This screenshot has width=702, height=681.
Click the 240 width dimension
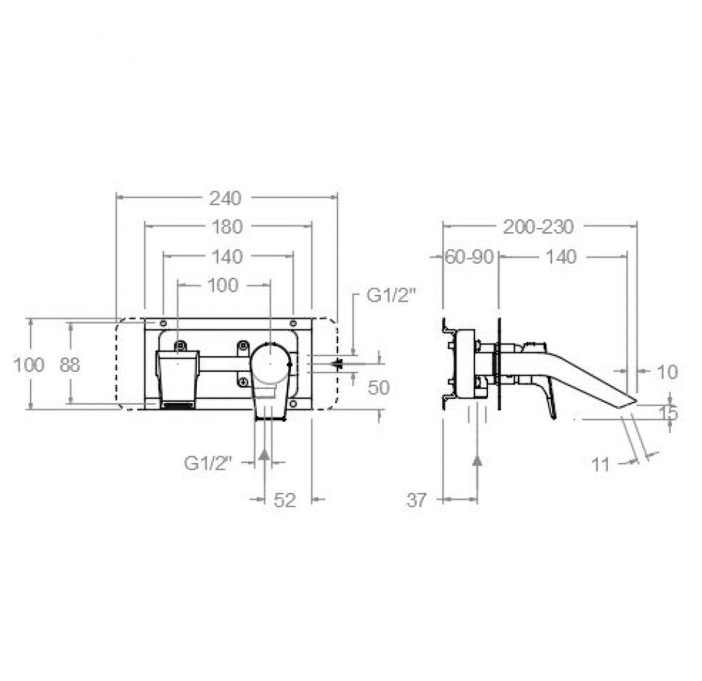[226, 198]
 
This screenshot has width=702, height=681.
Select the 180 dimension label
[227, 227]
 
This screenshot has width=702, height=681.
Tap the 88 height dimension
[70, 365]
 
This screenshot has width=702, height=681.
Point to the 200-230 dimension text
[538, 227]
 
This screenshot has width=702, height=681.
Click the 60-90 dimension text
[469, 257]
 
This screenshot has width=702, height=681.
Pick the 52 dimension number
[285, 500]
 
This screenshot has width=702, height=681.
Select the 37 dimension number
[417, 500]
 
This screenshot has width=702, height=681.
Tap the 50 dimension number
[379, 387]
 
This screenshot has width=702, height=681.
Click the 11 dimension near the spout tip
[601, 465]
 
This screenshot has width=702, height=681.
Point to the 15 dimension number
[669, 413]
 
